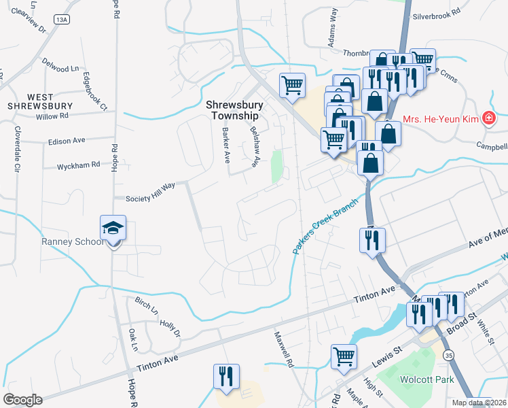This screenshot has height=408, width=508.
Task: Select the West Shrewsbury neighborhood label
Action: (40, 101)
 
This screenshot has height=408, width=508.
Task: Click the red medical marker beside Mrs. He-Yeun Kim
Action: (488, 119)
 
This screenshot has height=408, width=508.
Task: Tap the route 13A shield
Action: (62, 20)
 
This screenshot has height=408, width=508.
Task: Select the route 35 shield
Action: (448, 355)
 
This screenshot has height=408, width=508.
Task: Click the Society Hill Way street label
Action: (151, 192)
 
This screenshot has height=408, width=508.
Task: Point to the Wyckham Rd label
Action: (79, 165)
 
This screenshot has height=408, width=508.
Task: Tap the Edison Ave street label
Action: (67, 141)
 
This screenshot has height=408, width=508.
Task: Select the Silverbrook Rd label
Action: (437, 12)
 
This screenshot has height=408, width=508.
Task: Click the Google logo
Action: (22, 400)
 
